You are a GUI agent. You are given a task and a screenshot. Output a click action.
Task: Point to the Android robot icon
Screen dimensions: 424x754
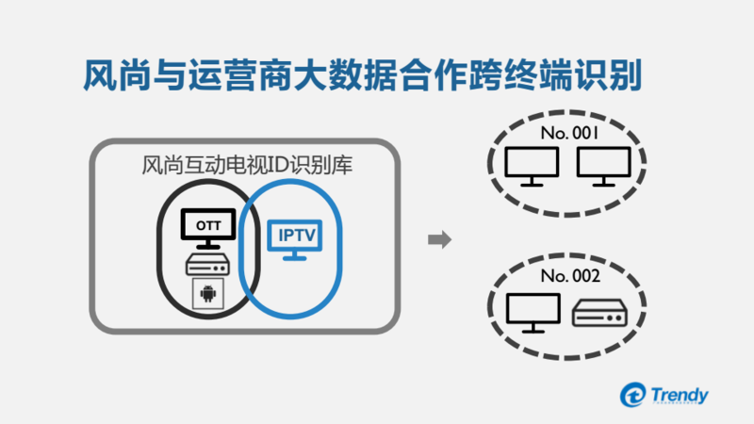click(206, 295)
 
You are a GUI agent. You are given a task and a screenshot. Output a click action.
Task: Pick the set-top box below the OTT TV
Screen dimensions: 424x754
click(206, 265)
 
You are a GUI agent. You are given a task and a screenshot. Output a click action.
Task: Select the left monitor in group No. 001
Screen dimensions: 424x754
click(531, 167)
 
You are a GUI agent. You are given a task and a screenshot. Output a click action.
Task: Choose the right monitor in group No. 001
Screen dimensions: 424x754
click(601, 167)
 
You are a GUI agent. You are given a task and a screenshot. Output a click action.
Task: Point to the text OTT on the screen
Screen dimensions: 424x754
click(205, 224)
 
